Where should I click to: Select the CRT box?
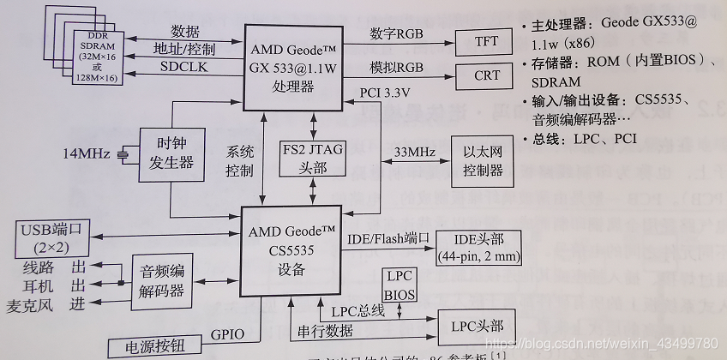(x=487, y=75)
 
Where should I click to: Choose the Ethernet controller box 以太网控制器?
(x=483, y=160)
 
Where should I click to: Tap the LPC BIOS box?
(x=400, y=285)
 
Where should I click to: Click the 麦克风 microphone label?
(x=30, y=306)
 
